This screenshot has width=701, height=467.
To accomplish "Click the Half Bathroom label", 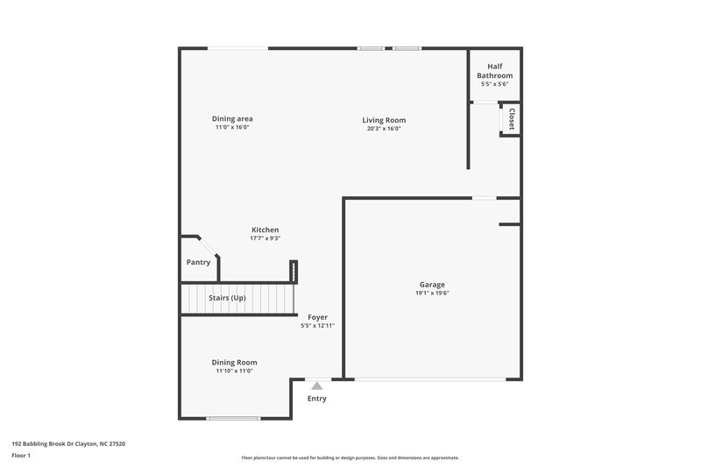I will pyautogui.click(x=494, y=71).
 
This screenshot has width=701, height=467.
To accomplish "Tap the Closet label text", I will pyautogui.click(x=511, y=117).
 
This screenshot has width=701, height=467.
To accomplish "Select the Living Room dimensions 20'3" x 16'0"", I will pyautogui.click(x=384, y=128).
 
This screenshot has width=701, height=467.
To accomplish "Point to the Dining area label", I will pyautogui.click(x=232, y=118).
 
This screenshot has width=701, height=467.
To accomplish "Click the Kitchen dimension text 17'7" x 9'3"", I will pyautogui.click(x=265, y=237).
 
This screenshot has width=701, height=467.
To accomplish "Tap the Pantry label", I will pyautogui.click(x=198, y=262).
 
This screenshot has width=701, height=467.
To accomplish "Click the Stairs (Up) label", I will pyautogui.click(x=226, y=298).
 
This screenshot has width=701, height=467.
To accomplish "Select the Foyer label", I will pyautogui.click(x=317, y=316).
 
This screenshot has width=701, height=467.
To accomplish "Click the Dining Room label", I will pyautogui.click(x=234, y=362).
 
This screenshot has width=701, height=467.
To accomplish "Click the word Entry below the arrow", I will pyautogui.click(x=316, y=399).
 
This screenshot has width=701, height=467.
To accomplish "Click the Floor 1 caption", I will pyautogui.click(x=22, y=456).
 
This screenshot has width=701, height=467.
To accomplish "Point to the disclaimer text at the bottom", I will pyautogui.click(x=350, y=457).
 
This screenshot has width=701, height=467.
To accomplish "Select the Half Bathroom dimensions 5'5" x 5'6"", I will pyautogui.click(x=494, y=84).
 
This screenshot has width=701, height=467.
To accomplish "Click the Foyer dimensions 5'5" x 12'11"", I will pyautogui.click(x=317, y=325).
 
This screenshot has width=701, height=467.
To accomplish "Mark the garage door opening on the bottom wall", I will pyautogui.click(x=429, y=379).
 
